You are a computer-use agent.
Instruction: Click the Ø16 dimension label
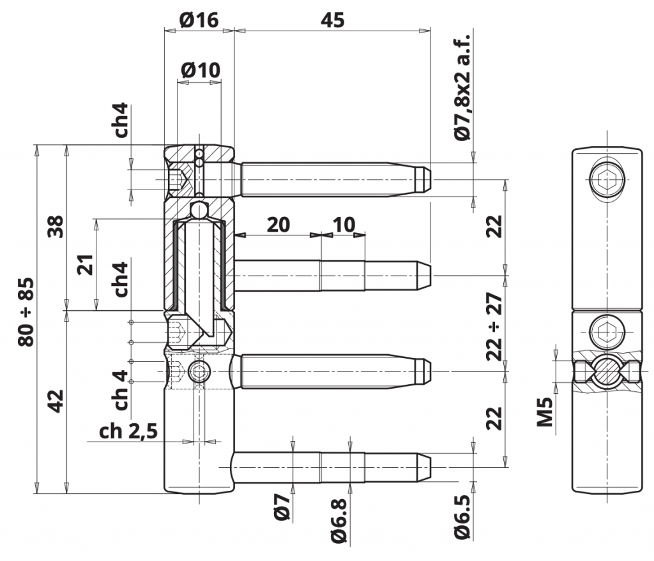(199, 20)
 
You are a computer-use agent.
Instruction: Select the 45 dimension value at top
(332, 20)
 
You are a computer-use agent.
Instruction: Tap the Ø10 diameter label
(201, 70)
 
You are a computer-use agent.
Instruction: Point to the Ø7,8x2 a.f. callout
(462, 87)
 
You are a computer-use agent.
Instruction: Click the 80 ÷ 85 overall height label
(26, 311)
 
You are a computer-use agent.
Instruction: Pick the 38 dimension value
(56, 227)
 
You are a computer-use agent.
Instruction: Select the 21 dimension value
(86, 265)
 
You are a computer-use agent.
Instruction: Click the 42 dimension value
(56, 401)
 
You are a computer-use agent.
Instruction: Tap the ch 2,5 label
(128, 431)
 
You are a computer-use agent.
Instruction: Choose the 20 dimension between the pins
(278, 225)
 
